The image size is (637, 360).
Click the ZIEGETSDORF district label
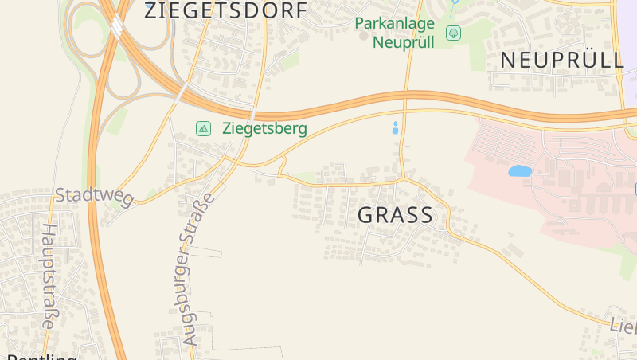tap(227, 11)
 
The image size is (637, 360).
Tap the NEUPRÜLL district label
tap(562, 60)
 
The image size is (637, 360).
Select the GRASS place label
tap(396, 215)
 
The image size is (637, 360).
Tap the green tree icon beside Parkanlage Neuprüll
tap(454, 33)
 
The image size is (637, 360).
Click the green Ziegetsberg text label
tap(264, 128)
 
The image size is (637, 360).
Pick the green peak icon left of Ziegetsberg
tap(204, 128)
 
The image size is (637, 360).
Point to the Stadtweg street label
tap(93, 196)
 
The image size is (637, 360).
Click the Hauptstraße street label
tap(48, 276)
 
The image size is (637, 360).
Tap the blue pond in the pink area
tap(520, 170)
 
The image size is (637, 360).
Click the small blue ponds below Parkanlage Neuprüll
tap(396, 127)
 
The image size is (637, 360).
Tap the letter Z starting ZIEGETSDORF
tap(150, 11)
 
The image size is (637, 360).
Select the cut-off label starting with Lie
tap(623, 327)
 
